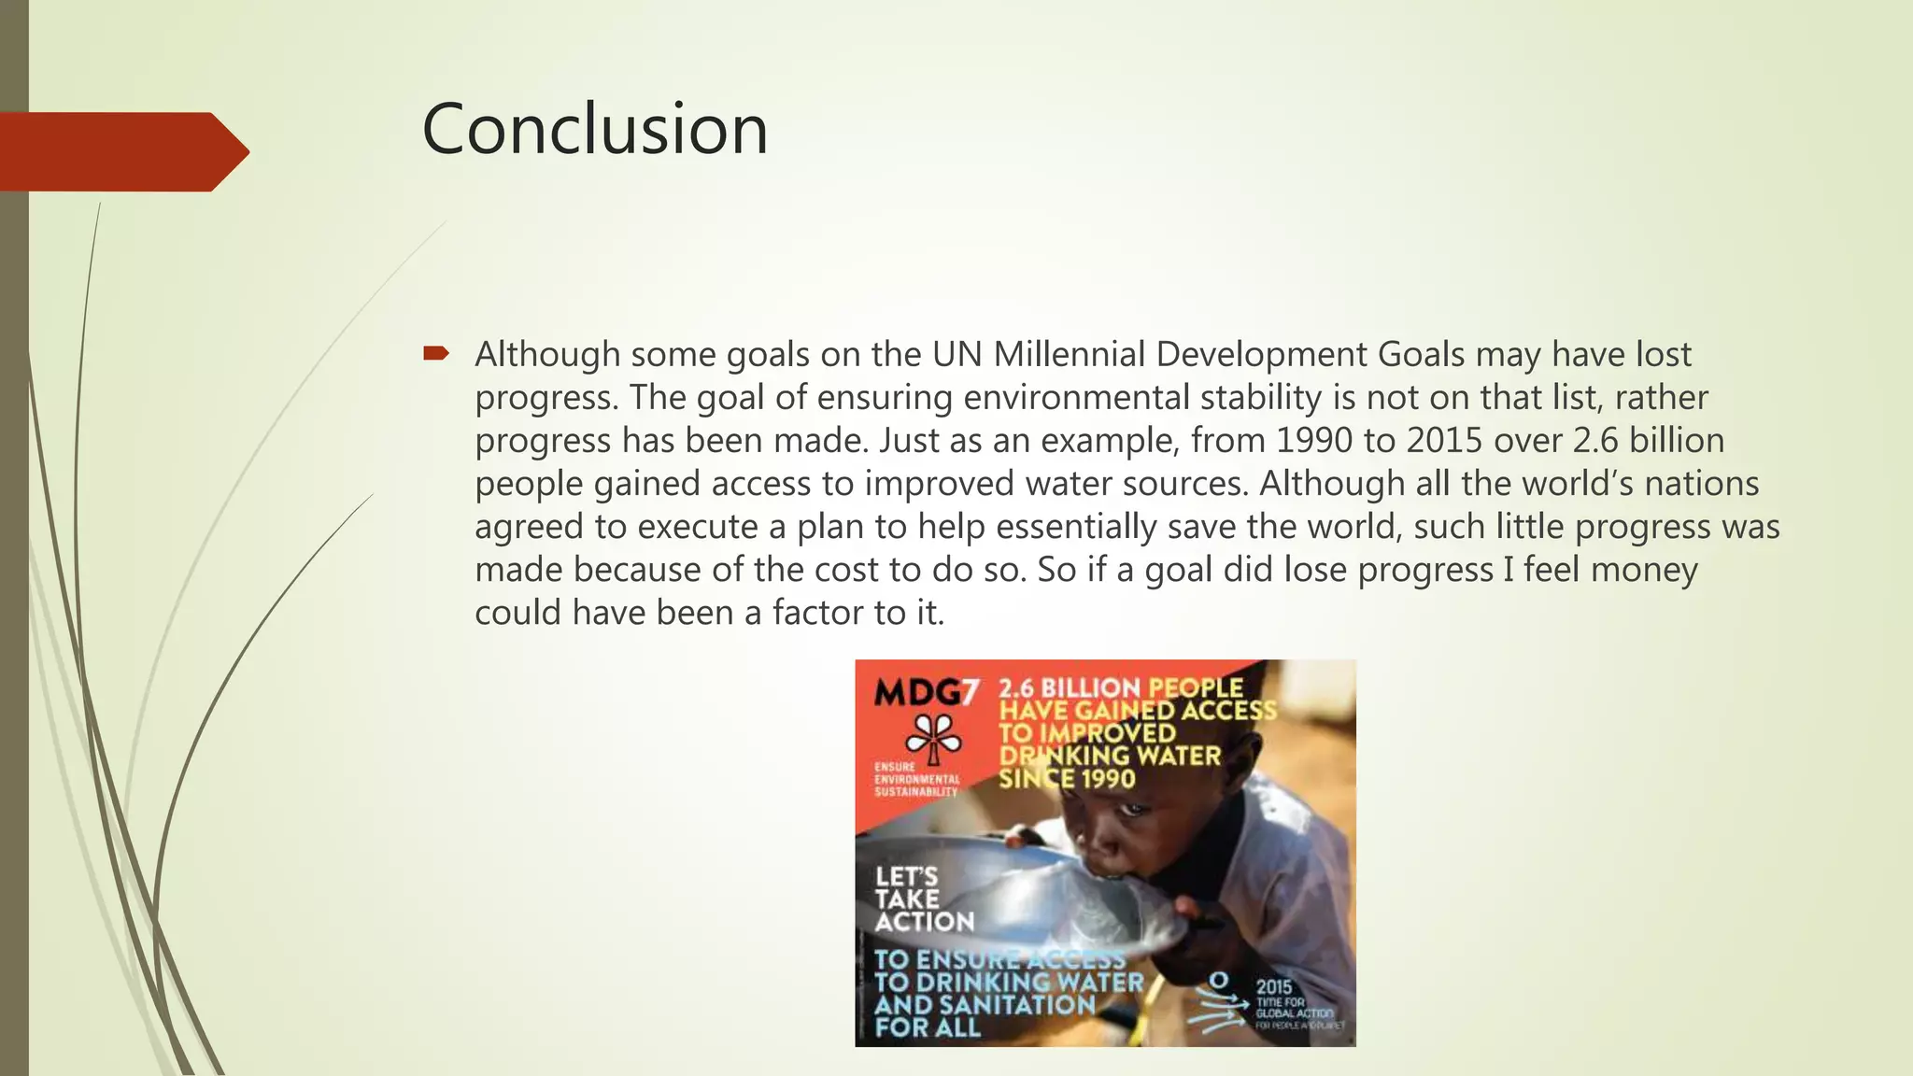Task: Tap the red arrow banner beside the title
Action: [x=121, y=151]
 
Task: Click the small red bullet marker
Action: [x=436, y=353]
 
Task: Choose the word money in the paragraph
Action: [x=1644, y=570]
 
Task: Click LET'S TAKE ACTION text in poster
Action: [x=923, y=899]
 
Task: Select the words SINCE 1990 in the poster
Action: [x=1067, y=778]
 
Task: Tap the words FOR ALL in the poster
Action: [x=928, y=1027]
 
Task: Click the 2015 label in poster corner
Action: [x=1274, y=986]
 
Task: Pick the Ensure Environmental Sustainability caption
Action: [x=916, y=779]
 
